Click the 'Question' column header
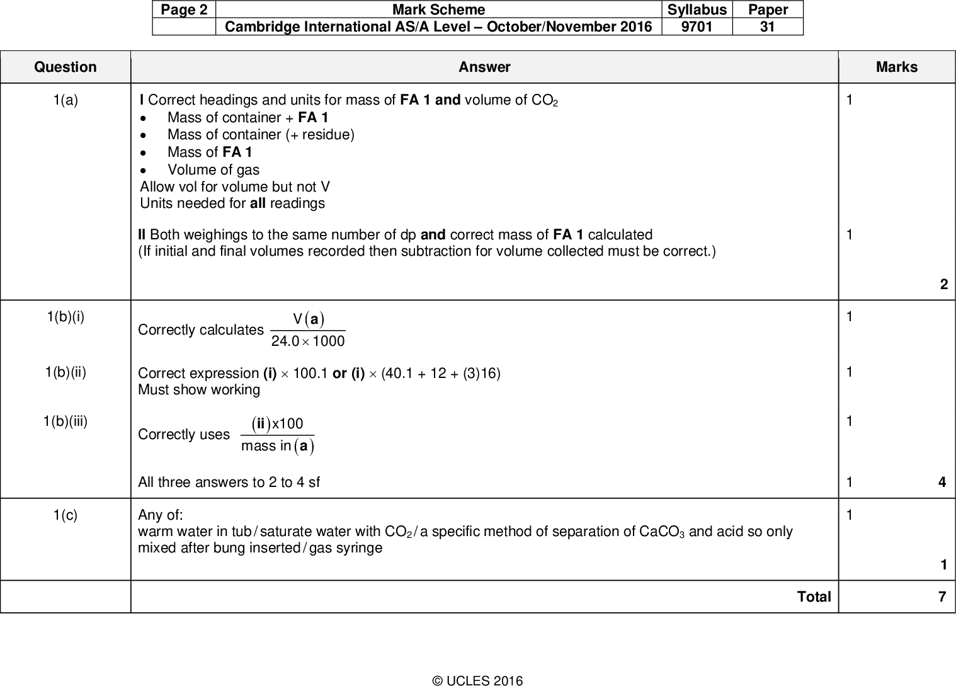pos(65,67)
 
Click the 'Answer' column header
pos(484,67)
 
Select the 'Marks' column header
pos(896,67)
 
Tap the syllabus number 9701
pos(697,26)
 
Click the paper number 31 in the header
pos(768,26)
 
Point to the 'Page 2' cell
pos(183,9)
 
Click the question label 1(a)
pos(65,100)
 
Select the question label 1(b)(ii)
pos(65,372)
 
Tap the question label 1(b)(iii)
pos(65,421)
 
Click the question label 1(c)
pos(65,515)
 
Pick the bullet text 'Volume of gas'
pos(213,170)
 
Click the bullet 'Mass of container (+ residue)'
pos(261,135)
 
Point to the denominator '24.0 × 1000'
pos(307,341)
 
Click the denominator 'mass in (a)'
pos(277,447)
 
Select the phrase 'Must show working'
pos(199,390)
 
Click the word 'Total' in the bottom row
pos(814,597)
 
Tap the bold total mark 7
pos(942,597)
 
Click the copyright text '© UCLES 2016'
pos(477,680)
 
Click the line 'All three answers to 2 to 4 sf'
pos(229,483)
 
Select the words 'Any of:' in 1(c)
pos(161,515)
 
